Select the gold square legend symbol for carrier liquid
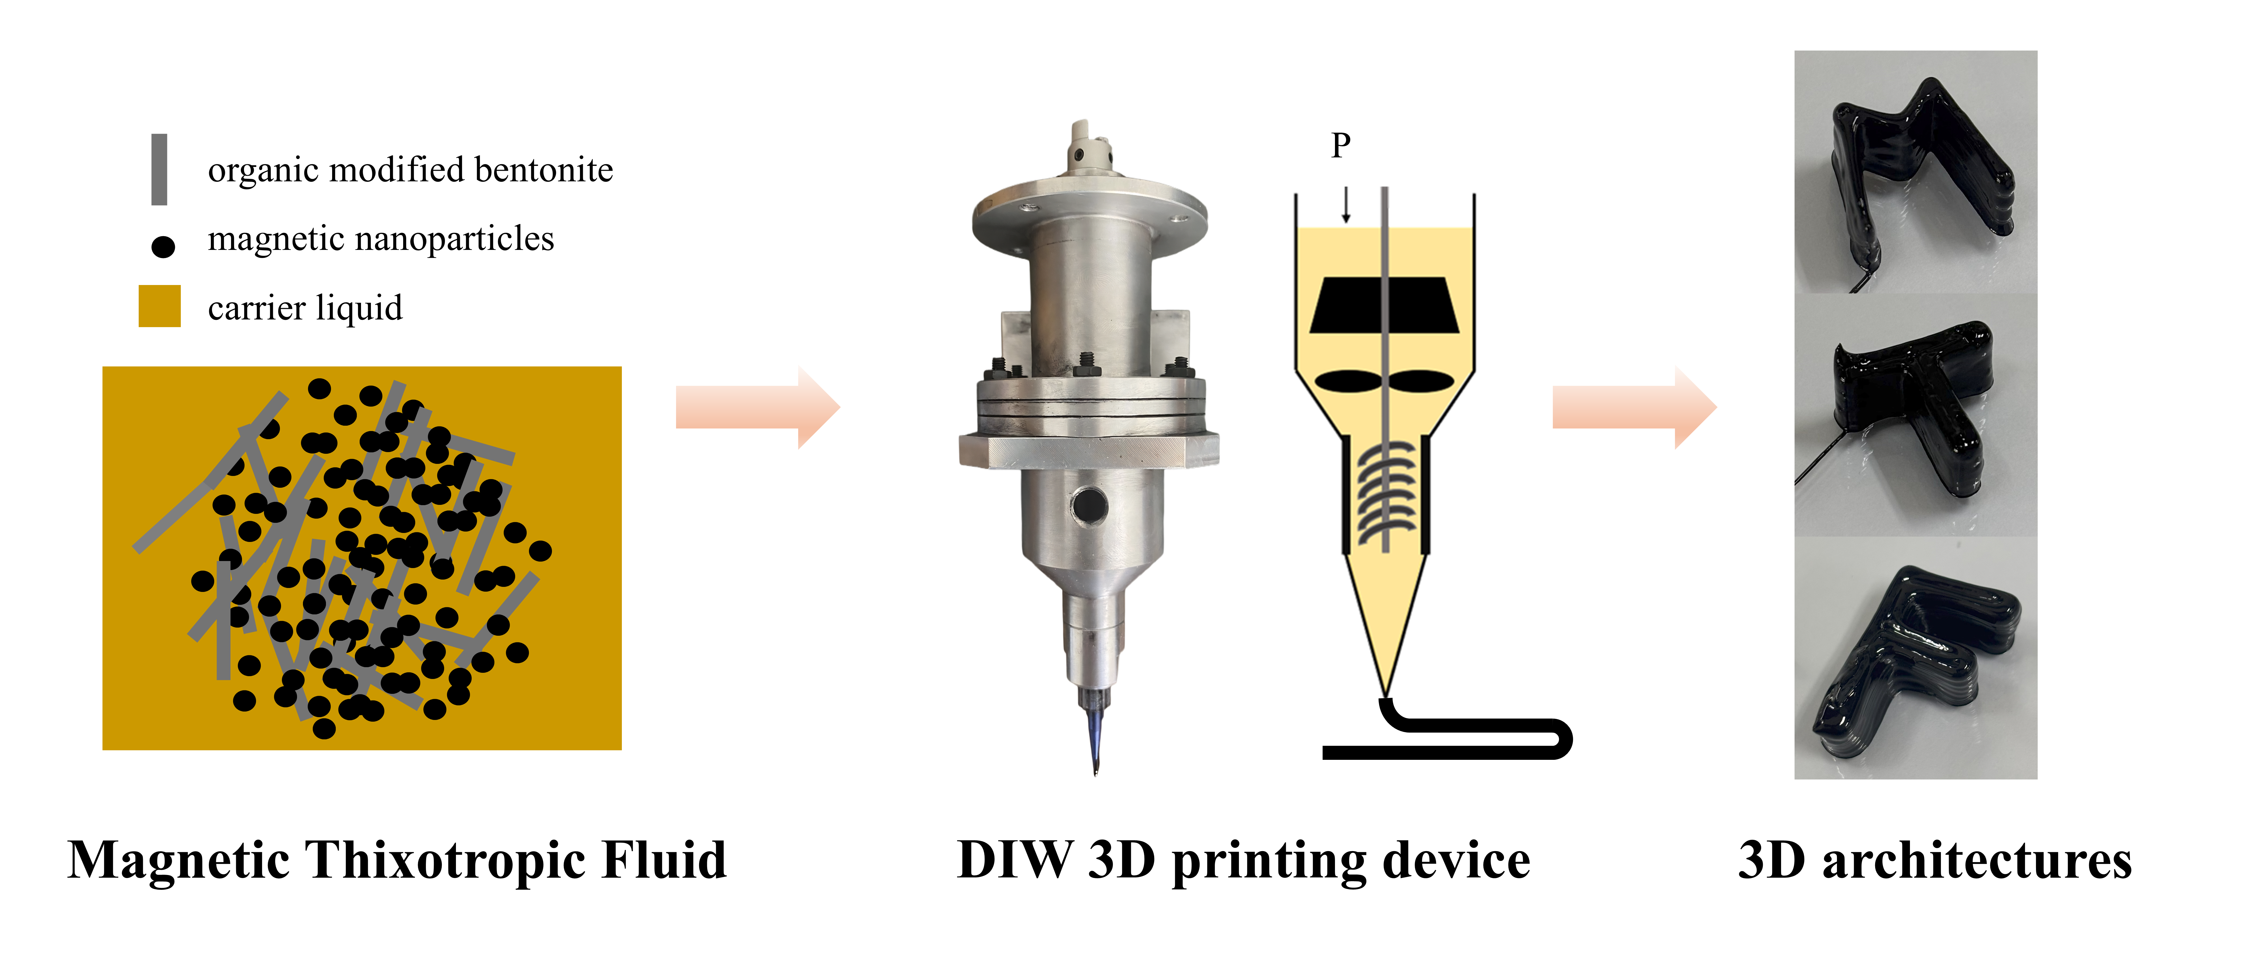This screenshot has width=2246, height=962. click(x=159, y=306)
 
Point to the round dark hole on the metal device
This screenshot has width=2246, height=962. click(x=1089, y=504)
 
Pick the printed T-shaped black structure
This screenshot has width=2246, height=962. click(x=1918, y=410)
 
